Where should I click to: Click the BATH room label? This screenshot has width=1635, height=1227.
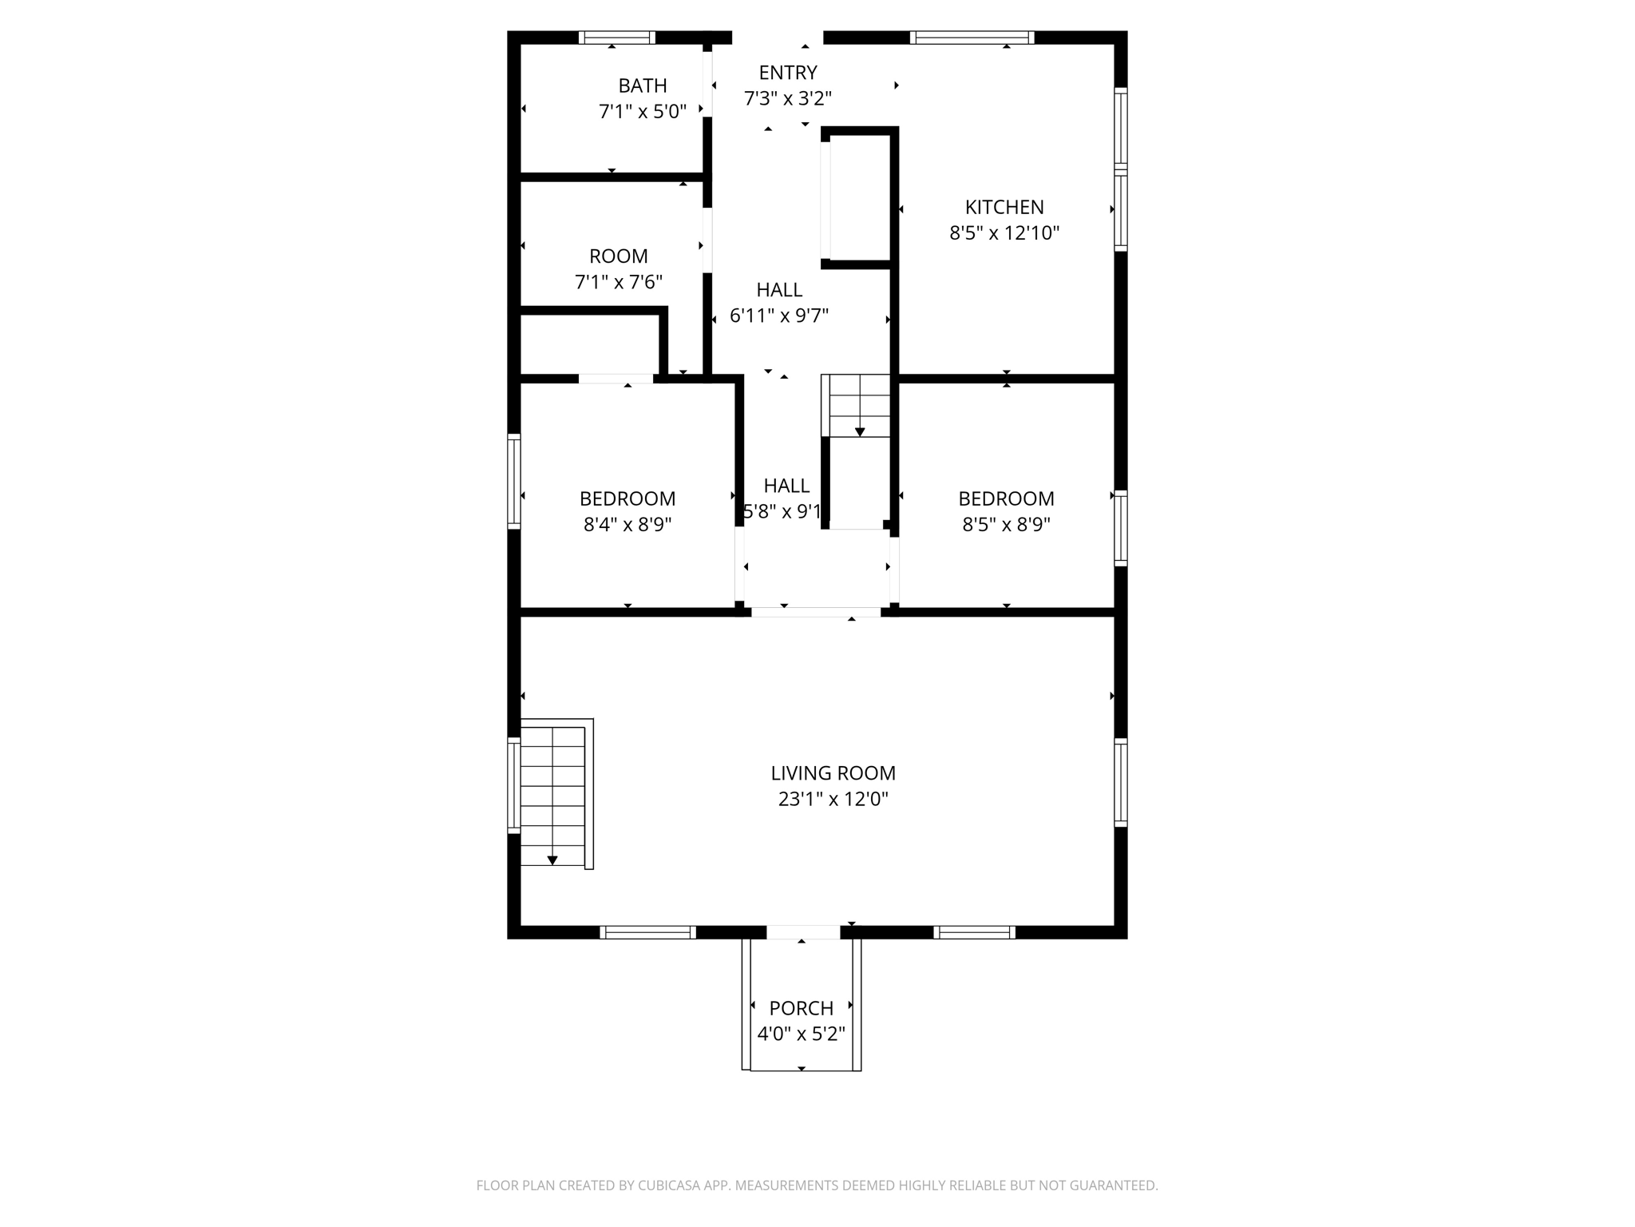point(642,85)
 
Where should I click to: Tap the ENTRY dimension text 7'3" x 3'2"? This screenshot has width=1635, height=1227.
point(787,99)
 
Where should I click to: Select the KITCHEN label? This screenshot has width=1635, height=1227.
point(1004,208)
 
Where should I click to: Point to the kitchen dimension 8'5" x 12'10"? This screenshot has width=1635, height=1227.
point(1004,233)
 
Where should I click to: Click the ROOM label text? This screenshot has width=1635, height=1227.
point(618,256)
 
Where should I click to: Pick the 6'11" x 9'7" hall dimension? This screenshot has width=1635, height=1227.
point(778,316)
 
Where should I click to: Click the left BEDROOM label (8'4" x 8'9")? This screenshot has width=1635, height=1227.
point(627,499)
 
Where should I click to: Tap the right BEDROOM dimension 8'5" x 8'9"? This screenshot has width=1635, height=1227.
point(1005,525)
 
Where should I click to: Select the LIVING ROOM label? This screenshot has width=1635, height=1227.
point(833,773)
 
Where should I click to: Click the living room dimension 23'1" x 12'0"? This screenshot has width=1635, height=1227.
point(833,800)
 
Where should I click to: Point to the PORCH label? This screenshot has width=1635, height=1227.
point(801,1008)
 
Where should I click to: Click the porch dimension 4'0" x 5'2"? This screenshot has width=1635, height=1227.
point(801,1034)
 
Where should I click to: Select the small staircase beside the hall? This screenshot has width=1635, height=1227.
point(857,406)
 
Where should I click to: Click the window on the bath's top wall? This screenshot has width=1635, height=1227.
point(616,38)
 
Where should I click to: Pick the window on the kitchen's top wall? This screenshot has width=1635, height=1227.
point(972,38)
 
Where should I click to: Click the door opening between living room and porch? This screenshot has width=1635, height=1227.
point(802,932)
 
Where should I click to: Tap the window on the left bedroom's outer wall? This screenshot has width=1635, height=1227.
point(514,481)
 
